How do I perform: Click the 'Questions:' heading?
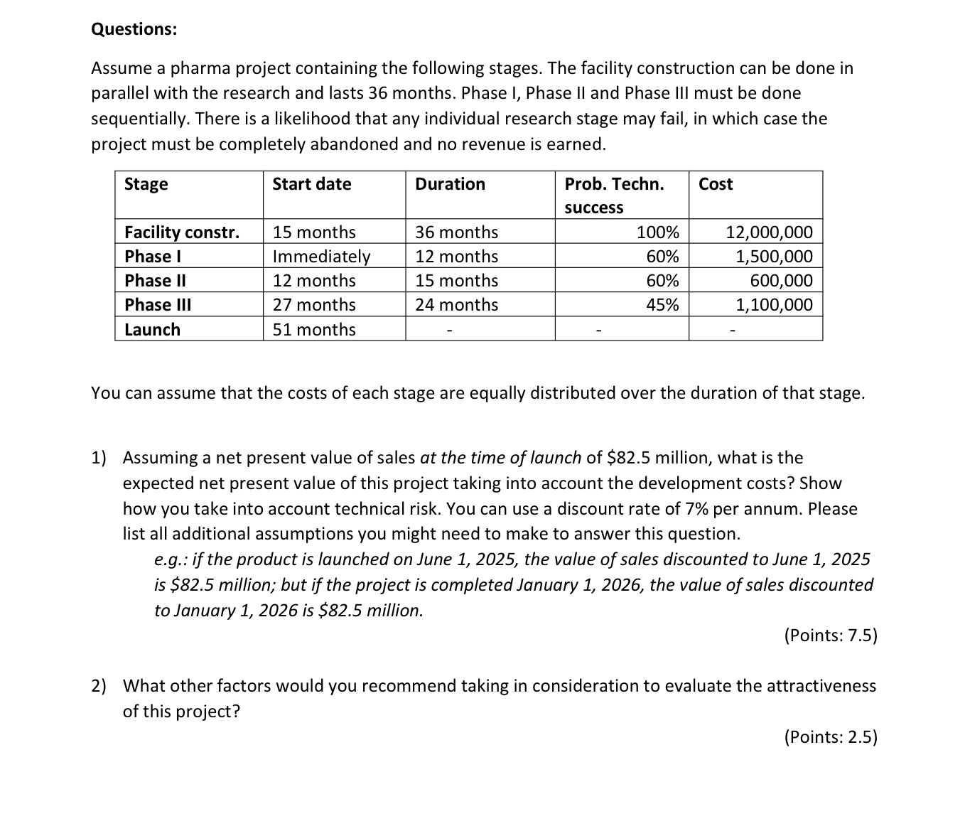click(x=134, y=29)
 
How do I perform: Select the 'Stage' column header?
click(x=146, y=184)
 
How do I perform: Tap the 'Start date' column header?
click(x=312, y=184)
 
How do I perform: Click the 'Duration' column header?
click(x=450, y=184)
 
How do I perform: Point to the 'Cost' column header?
click(x=716, y=184)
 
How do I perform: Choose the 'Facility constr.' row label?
click(x=182, y=232)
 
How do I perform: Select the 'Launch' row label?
click(x=152, y=330)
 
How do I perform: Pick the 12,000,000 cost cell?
click(x=769, y=232)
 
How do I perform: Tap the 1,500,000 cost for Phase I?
click(x=774, y=257)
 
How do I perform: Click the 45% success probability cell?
click(x=662, y=305)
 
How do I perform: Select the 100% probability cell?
click(x=657, y=232)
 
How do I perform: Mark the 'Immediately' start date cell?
click(x=321, y=257)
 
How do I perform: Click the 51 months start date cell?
click(x=314, y=330)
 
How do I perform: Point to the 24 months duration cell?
click(x=456, y=305)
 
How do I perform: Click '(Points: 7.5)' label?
click(x=831, y=636)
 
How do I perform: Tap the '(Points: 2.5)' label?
click(x=831, y=737)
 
